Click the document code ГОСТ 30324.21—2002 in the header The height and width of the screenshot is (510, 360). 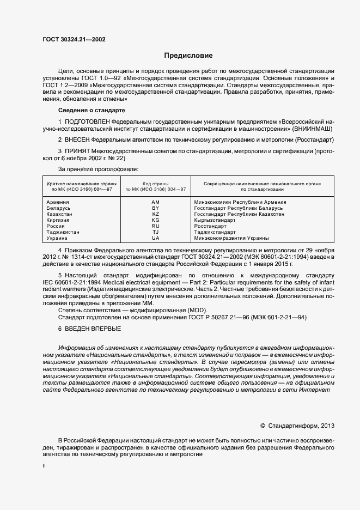pyautogui.click(x=74, y=40)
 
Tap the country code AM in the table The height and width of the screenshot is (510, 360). pyautogui.click(x=155, y=202)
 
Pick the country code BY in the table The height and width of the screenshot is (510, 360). pyautogui.click(x=155, y=208)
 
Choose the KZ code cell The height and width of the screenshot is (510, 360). pyautogui.click(x=155, y=214)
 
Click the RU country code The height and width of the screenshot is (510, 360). pyautogui.click(x=155, y=226)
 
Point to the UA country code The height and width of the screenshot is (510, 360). pyautogui.click(x=155, y=238)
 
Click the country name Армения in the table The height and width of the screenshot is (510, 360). pyautogui.click(x=59, y=202)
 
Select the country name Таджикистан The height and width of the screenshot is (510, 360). pyautogui.click(x=64, y=232)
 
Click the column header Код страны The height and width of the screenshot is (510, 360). pyautogui.click(x=155, y=184)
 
